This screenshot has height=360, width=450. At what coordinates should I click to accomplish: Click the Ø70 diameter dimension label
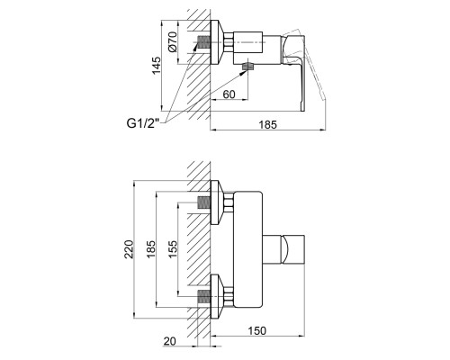tap(172, 42)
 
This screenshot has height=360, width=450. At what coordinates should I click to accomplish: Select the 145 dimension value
tap(156, 66)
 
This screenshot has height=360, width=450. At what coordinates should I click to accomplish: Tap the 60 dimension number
tap(229, 94)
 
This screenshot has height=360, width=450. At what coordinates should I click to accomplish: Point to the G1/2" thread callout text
tap(143, 123)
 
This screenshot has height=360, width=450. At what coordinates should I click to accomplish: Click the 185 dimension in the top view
tap(267, 124)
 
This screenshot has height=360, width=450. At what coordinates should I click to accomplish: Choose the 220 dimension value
tap(129, 249)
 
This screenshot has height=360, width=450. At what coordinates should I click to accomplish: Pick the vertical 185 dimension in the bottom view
tap(151, 249)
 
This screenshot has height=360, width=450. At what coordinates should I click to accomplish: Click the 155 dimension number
tap(173, 249)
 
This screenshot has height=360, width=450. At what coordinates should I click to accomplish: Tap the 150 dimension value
tap(257, 330)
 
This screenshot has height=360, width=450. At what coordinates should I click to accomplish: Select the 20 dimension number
tap(170, 341)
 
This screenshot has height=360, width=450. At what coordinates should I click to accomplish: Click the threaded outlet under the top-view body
tap(247, 67)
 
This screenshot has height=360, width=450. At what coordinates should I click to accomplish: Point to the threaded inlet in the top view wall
tap(204, 42)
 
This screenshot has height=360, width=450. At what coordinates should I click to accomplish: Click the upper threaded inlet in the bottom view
tap(204, 202)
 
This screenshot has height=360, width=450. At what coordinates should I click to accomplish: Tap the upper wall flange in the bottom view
tap(217, 202)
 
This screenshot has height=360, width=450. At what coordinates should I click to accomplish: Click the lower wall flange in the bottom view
tap(217, 296)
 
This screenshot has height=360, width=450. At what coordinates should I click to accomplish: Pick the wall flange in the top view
tap(217, 42)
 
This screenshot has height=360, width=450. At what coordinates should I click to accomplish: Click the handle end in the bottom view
tap(293, 249)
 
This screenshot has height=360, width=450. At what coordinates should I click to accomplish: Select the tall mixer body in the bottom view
tap(248, 249)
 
